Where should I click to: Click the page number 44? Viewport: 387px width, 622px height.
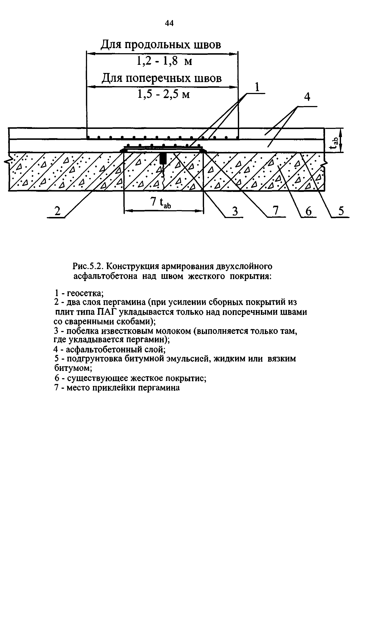click(169, 23)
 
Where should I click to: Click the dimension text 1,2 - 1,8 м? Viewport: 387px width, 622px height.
click(164, 61)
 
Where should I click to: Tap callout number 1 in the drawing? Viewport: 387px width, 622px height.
click(257, 88)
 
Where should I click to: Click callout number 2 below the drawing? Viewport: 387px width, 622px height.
click(57, 211)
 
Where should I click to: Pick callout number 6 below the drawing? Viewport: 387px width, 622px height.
click(309, 212)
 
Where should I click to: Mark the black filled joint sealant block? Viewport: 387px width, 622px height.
click(162, 158)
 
